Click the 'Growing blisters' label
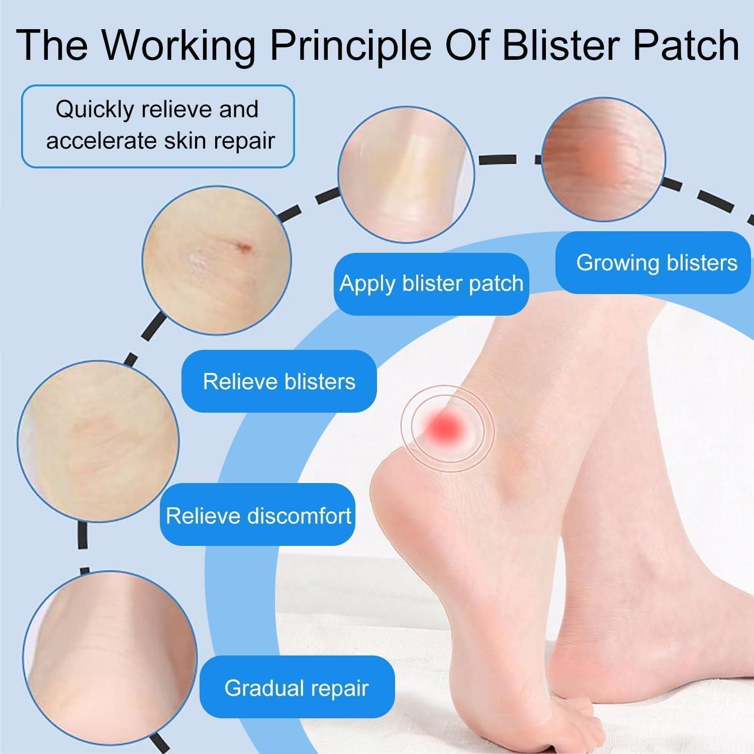(653, 262)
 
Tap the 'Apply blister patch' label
(431, 284)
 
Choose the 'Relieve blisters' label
(279, 381)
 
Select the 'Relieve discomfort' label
(258, 515)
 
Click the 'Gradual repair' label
(297, 688)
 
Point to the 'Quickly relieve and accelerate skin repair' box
(158, 126)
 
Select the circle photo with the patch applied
(406, 174)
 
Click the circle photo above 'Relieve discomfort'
(99, 441)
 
